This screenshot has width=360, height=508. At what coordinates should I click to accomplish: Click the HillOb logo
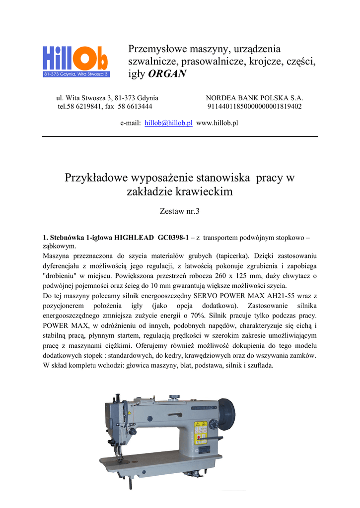click(x=75, y=61)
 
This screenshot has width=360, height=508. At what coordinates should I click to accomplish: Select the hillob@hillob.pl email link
click(x=168, y=123)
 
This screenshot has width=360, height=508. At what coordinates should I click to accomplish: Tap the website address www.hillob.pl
click(x=217, y=123)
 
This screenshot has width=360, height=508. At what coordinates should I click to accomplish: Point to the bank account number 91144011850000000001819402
click(x=254, y=107)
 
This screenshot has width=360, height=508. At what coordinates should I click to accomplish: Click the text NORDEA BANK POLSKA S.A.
click(x=254, y=98)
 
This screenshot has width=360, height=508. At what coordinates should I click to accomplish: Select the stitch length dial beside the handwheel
click(x=214, y=424)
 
